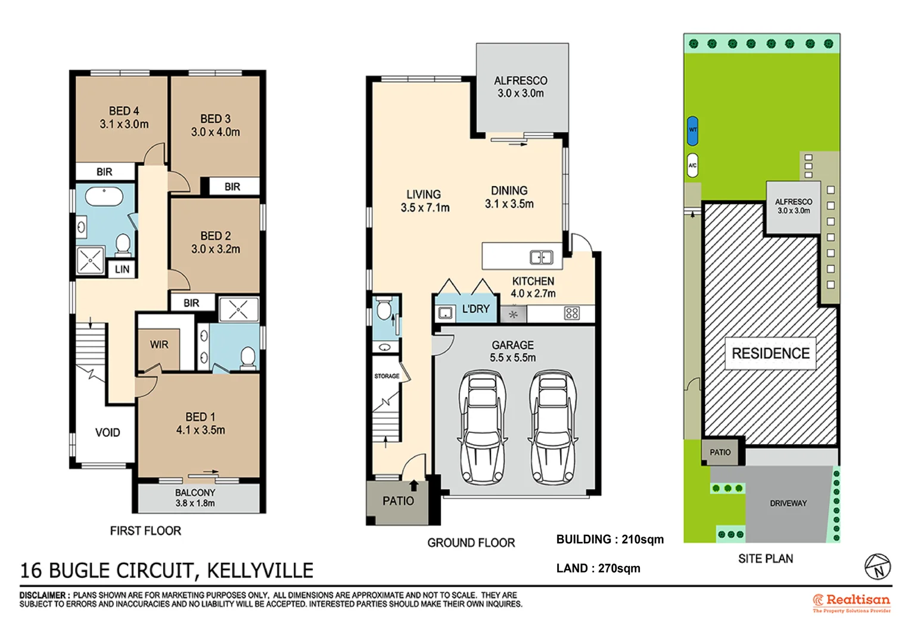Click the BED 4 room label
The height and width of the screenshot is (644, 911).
(x=124, y=111)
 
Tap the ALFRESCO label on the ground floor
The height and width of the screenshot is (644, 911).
(x=520, y=80)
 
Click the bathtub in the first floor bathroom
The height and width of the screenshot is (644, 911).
(x=104, y=196)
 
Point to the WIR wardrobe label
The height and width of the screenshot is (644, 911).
(x=159, y=345)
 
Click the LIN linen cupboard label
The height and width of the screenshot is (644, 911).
(x=122, y=270)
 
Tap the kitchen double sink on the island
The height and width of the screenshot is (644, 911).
(x=541, y=258)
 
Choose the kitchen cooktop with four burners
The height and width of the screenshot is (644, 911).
(x=571, y=313)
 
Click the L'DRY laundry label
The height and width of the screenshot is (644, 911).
(x=475, y=309)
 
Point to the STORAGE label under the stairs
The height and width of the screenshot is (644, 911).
(x=387, y=376)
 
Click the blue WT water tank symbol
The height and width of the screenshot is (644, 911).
(x=692, y=131)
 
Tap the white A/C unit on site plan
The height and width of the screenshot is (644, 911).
(x=692, y=165)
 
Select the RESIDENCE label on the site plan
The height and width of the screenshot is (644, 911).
(x=770, y=354)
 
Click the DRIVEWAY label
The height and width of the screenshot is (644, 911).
(x=788, y=503)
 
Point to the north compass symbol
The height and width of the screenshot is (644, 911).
(x=878, y=566)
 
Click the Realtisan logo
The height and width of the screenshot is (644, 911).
(x=851, y=602)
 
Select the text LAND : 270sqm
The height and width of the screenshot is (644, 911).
(x=598, y=568)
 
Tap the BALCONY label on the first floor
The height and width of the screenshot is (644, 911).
(x=195, y=493)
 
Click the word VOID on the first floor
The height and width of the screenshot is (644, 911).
(x=108, y=432)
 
